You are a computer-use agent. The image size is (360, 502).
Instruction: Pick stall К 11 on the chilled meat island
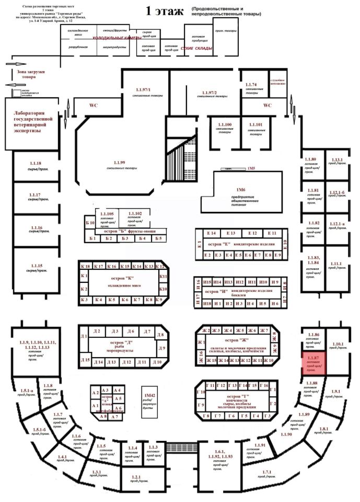[x=162, y=276]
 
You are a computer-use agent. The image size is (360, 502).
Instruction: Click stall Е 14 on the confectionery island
[x=212, y=233]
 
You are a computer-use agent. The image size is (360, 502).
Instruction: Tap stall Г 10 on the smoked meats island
[x=201, y=392]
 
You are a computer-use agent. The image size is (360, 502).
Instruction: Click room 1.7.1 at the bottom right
[x=267, y=472]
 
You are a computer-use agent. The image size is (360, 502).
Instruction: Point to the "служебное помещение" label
[x=277, y=83]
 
